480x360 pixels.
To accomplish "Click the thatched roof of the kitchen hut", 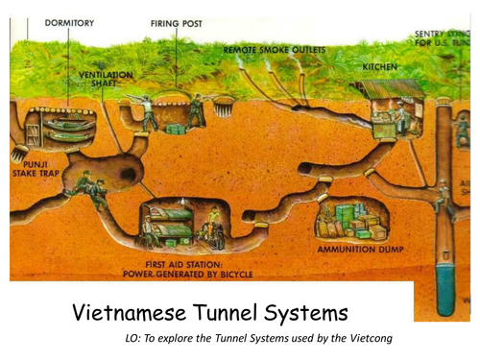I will pyautogui.click(x=393, y=88).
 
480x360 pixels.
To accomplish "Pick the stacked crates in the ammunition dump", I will pyautogui.click(x=350, y=222).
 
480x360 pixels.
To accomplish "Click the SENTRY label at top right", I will pyautogui.click(x=433, y=35).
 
